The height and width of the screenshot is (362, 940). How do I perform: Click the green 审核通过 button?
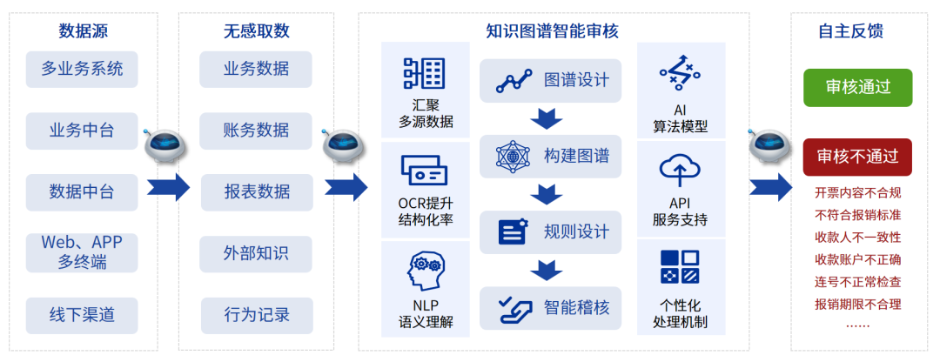[857, 88]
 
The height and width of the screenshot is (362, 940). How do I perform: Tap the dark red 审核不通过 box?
[857, 157]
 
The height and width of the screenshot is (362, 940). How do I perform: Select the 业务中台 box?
[82, 131]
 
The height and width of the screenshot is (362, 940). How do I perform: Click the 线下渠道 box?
[82, 315]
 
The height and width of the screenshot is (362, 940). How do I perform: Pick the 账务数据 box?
[256, 131]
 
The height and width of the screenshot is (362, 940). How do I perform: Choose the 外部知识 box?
[256, 254]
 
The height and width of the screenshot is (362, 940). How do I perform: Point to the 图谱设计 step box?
[550, 81]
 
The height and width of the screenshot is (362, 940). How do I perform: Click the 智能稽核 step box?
[550, 307]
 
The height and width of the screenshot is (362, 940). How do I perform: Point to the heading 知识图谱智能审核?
[553, 31]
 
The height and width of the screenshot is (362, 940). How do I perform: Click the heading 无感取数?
[256, 31]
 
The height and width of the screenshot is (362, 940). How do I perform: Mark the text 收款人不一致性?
[857, 237]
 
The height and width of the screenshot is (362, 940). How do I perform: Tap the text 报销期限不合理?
[857, 304]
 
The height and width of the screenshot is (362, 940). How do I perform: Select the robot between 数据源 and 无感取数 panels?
[163, 145]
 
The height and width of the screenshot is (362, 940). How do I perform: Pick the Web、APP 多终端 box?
[82, 251]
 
